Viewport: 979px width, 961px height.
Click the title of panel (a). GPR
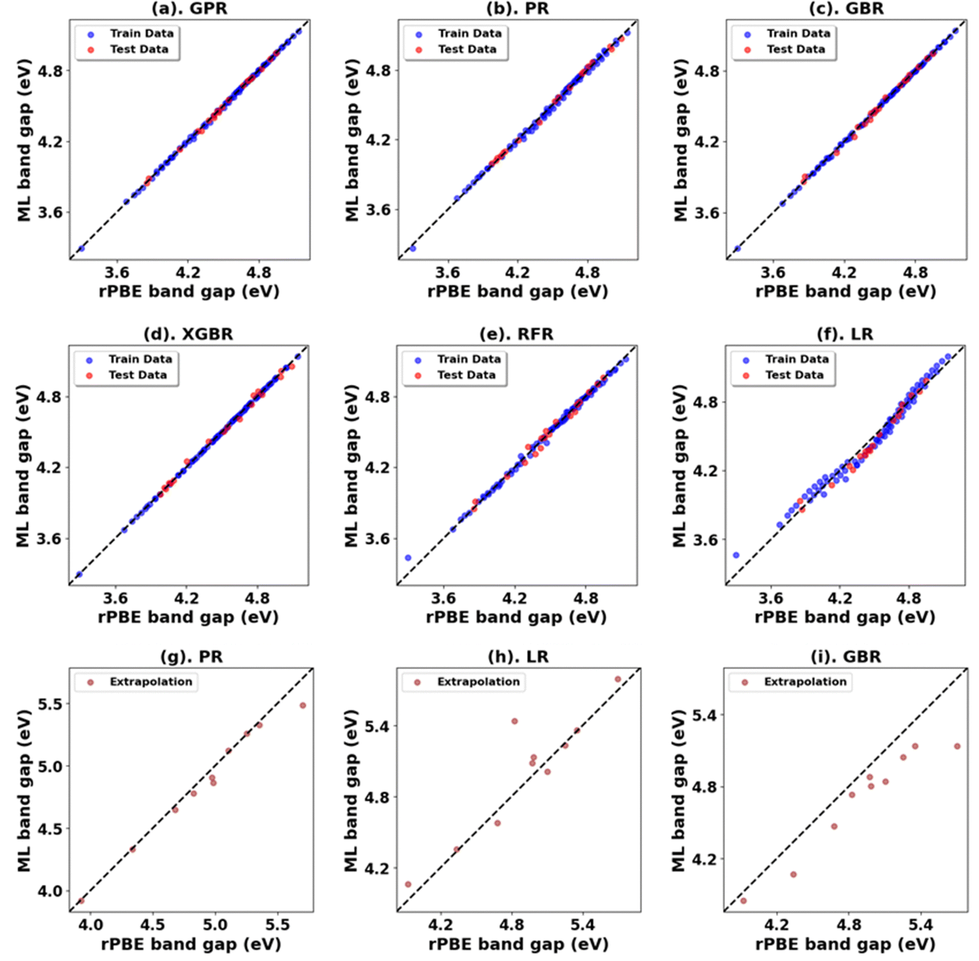(x=189, y=9)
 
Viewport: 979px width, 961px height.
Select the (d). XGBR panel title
(x=188, y=334)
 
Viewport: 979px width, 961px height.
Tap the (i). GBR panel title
(x=846, y=657)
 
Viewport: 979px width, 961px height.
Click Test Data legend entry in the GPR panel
(x=139, y=50)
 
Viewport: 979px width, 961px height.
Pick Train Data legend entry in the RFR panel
(x=468, y=359)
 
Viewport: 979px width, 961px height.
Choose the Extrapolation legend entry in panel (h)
(x=478, y=682)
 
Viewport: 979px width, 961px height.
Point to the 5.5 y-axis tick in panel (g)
(x=50, y=704)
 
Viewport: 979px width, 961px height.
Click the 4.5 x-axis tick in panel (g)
(x=152, y=925)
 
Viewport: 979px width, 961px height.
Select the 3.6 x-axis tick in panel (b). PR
(x=447, y=273)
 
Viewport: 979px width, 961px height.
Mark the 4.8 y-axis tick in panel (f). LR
(x=705, y=402)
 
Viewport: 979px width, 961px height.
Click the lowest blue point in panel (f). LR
(x=736, y=555)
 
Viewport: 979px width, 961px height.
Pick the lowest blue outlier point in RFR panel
(x=408, y=557)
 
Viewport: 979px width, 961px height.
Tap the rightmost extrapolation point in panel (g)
(x=303, y=706)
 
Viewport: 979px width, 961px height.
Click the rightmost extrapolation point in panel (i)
(x=957, y=746)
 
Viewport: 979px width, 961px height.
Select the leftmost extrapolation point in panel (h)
(x=408, y=885)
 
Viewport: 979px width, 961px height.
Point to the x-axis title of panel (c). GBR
(x=845, y=291)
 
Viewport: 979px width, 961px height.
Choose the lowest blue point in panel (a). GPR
(x=81, y=248)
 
